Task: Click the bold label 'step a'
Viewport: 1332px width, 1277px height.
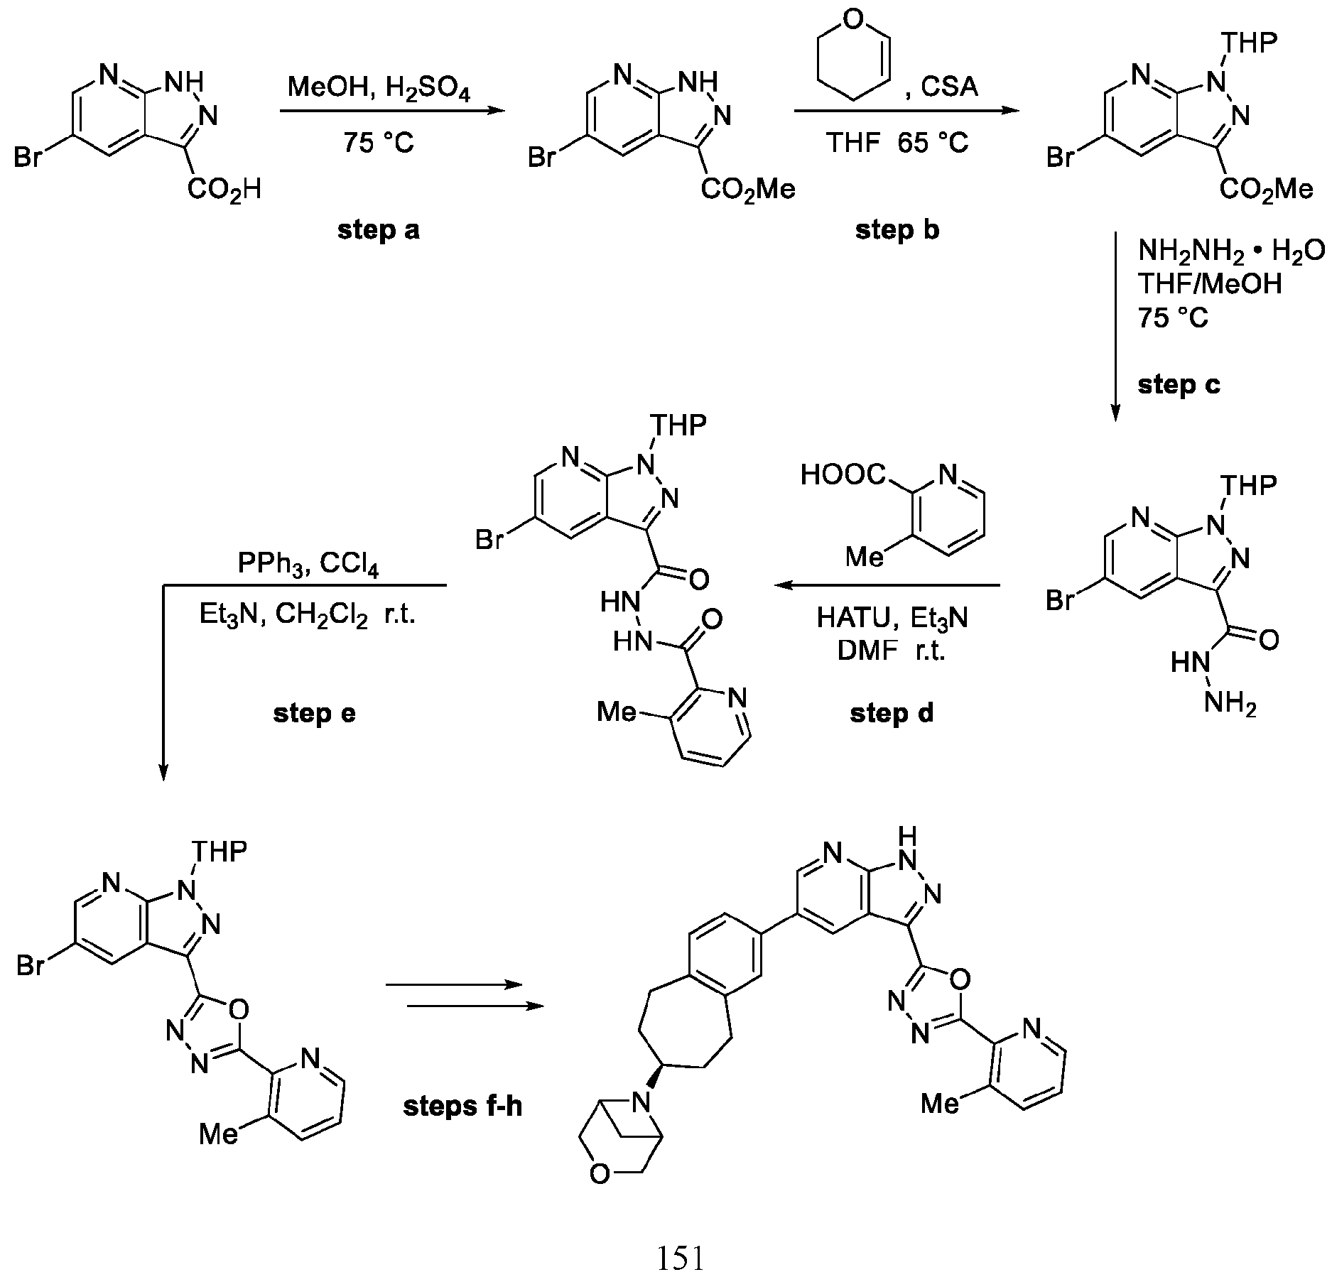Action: [378, 230]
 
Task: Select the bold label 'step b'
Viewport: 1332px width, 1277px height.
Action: [897, 230]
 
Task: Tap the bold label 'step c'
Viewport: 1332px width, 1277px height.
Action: [1179, 385]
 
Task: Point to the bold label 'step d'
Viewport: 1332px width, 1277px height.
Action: [892, 713]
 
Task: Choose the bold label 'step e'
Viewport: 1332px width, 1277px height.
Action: [314, 713]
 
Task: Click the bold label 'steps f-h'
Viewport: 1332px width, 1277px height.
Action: [462, 1107]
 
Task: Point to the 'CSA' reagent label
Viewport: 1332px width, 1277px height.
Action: [950, 87]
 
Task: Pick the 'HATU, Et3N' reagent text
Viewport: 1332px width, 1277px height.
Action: [892, 618]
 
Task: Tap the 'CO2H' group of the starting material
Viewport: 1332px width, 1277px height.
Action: [224, 190]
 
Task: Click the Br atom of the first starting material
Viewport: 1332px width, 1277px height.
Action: [28, 158]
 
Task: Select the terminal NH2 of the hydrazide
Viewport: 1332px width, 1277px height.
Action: [1230, 704]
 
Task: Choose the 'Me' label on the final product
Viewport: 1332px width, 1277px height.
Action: [941, 1103]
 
